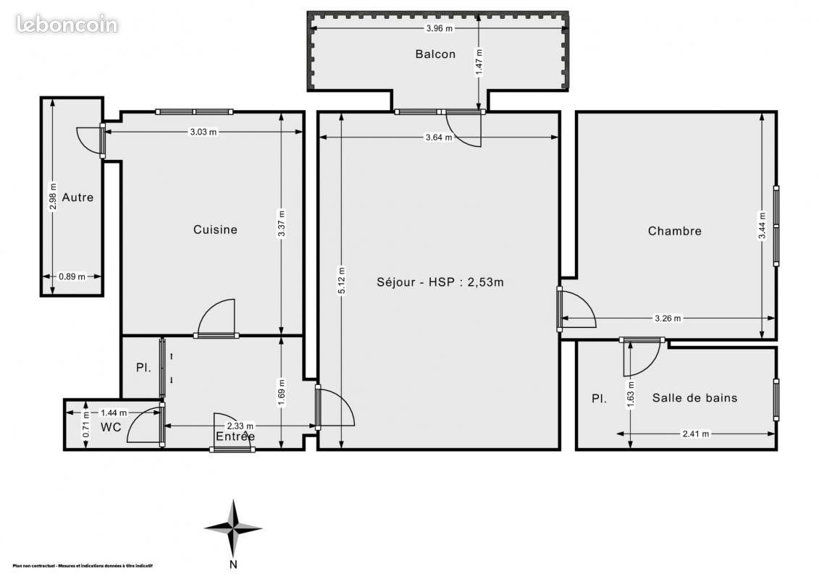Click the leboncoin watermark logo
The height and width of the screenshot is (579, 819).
(67, 24)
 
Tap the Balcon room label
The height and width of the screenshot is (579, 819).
(435, 54)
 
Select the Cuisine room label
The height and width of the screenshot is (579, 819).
(215, 229)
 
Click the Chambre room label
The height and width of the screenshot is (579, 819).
(674, 231)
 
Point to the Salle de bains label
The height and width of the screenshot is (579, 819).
(694, 397)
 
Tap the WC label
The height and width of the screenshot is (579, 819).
(111, 427)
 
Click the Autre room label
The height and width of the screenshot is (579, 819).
(77, 197)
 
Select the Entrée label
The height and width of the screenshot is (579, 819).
(235, 436)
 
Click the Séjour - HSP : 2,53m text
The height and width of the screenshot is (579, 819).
(440, 282)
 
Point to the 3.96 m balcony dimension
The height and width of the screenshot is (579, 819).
(439, 28)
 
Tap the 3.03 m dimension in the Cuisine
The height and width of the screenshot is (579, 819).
(203, 132)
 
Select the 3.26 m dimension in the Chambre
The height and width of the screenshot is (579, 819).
(668, 318)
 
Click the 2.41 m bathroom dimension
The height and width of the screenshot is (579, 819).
(696, 434)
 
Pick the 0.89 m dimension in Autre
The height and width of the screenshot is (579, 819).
(72, 276)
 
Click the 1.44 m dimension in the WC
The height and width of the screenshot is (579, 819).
(114, 413)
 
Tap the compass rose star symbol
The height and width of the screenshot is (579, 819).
(233, 528)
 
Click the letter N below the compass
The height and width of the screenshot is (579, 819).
(233, 565)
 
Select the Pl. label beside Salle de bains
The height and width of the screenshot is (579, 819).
(599, 398)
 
